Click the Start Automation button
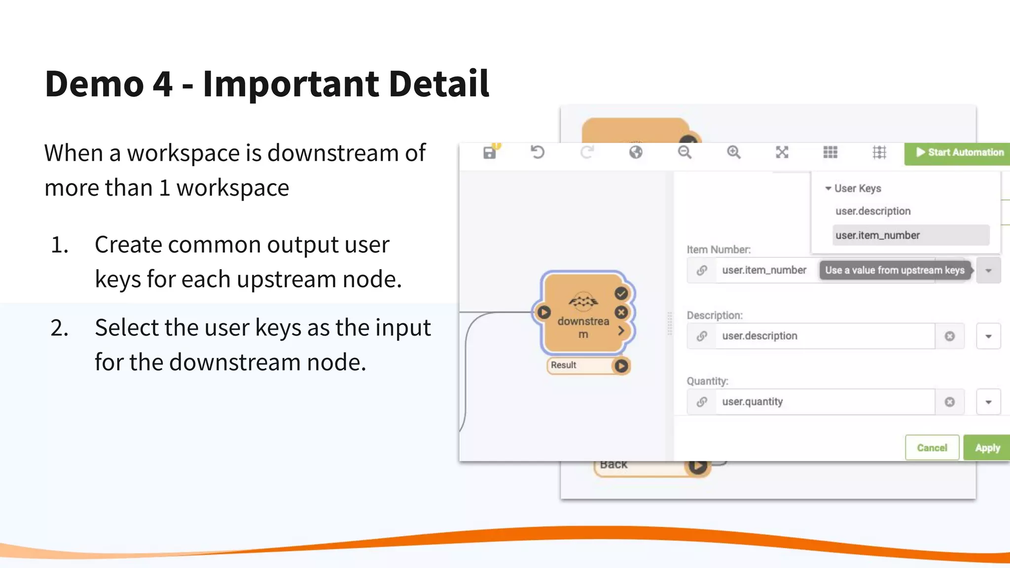959,152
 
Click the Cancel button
932,448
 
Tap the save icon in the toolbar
489,153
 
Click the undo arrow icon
538,152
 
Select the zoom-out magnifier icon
685,152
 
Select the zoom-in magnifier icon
733,152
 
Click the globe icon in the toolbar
636,152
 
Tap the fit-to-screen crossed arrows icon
782,152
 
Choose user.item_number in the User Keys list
877,235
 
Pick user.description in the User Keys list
873,211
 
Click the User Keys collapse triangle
828,188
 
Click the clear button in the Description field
949,336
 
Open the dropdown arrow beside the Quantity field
988,402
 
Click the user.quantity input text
753,402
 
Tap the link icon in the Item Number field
702,270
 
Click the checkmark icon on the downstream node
621,293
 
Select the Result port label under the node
564,365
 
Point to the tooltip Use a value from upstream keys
895,270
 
